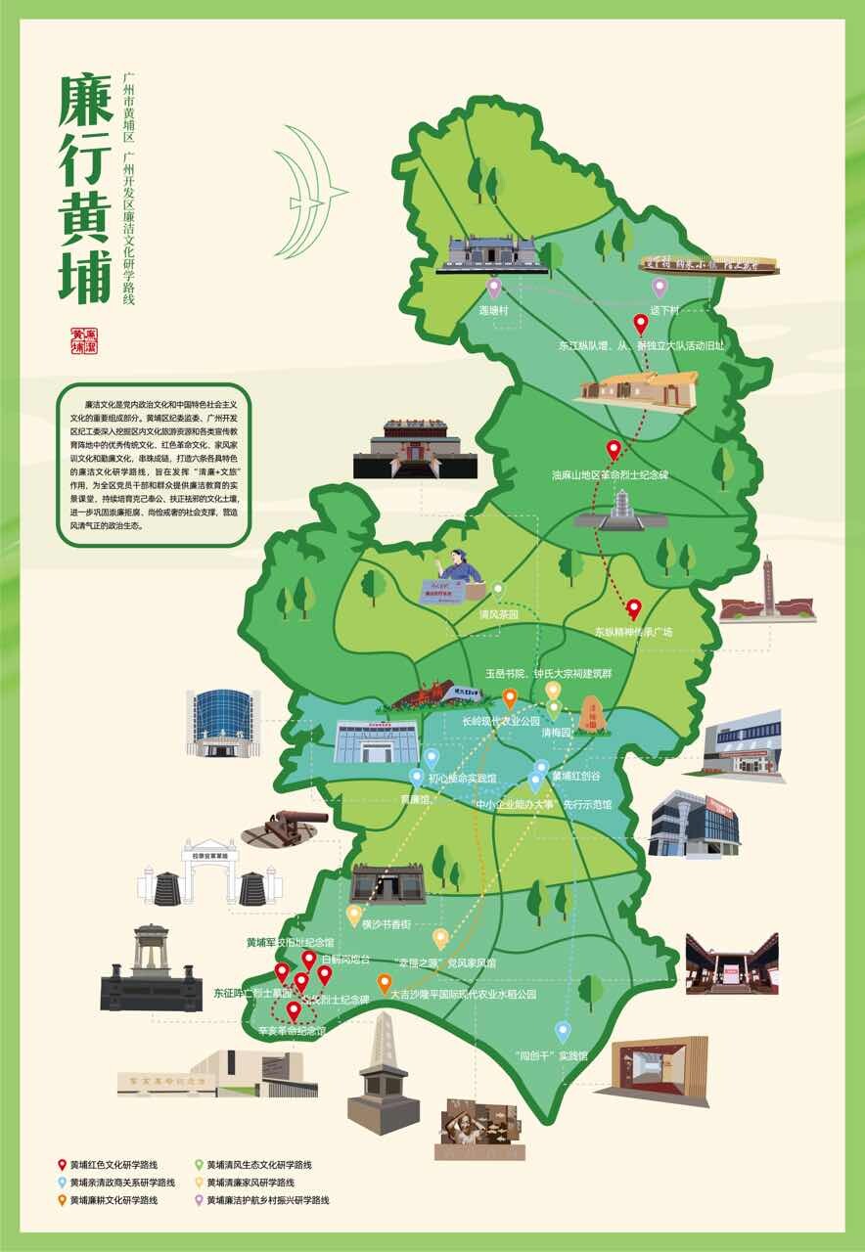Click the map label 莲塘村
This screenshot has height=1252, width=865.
pyautogui.click(x=493, y=308)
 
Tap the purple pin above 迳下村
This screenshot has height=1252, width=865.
pyautogui.click(x=660, y=288)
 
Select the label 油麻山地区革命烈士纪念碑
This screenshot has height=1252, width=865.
pyautogui.click(x=610, y=475)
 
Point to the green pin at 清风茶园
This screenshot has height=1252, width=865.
pyautogui.click(x=498, y=590)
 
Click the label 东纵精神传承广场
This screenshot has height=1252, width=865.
pyautogui.click(x=633, y=632)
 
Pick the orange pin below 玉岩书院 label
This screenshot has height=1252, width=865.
pyautogui.click(x=510, y=697)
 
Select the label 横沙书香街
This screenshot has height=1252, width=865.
pyautogui.click(x=382, y=922)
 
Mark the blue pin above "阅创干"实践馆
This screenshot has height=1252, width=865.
pyautogui.click(x=563, y=1031)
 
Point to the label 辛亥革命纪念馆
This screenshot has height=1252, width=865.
pyautogui.click(x=292, y=1031)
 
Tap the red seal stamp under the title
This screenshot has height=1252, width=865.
pyautogui.click(x=85, y=342)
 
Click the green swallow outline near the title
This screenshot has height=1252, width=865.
pyautogui.click(x=309, y=194)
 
